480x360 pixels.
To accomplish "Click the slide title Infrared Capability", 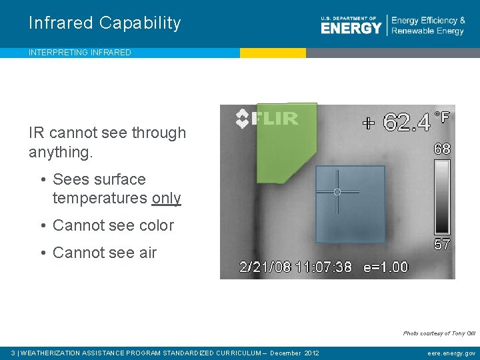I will point(105,23).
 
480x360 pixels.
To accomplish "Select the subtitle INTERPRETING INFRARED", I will point(80,53).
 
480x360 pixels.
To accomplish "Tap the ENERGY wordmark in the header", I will point(351,28).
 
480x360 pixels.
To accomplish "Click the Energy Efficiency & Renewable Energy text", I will point(428,26).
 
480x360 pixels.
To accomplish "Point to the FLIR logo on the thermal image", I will point(267,119).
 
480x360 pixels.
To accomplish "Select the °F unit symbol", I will point(442,117).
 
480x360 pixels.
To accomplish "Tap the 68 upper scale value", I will point(442,149).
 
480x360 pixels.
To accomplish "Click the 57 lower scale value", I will point(442,244).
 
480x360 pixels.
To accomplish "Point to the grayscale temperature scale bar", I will point(442,197).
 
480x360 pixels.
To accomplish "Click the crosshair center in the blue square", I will point(337,192).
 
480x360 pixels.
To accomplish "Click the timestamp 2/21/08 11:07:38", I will point(295,267).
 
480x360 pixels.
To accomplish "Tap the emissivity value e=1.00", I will point(385,267).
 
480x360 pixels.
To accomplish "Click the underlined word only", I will point(166,198).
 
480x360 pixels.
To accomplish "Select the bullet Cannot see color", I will point(113,225).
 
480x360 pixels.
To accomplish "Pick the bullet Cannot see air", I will point(104,253).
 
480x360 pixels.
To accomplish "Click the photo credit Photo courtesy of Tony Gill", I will point(439,333).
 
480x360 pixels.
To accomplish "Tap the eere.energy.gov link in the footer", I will point(451,353).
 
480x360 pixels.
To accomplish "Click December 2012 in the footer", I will point(294,353).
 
